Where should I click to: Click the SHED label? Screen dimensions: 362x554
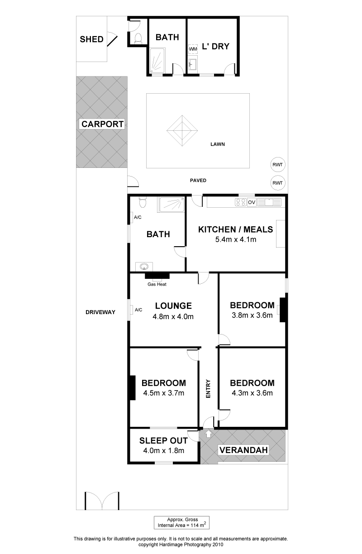91,39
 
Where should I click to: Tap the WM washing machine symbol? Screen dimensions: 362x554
193,49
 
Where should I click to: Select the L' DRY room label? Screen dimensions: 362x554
216,46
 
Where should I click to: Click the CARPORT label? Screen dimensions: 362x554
102,124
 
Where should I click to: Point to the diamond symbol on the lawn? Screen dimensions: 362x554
182,130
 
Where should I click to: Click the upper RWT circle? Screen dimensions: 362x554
278,164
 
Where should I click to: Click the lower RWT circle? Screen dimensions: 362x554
278,183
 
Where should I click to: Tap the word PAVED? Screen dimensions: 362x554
198,180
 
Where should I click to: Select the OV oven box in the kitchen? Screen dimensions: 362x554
252,202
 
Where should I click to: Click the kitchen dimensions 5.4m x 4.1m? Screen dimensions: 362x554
236,239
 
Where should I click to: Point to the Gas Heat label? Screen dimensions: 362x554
157,284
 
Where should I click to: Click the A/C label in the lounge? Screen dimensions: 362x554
138,310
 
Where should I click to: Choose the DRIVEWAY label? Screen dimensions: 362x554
100,312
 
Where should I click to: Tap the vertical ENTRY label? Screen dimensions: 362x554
208,389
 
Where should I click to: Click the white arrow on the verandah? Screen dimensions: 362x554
208,434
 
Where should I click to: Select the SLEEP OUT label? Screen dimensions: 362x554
163,440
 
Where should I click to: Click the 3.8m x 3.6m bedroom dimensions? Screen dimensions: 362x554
252,315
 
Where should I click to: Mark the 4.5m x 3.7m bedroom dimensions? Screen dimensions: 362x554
163,393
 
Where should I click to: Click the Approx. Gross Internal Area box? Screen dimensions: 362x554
182,523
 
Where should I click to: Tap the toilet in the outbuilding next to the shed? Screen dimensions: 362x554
138,38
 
